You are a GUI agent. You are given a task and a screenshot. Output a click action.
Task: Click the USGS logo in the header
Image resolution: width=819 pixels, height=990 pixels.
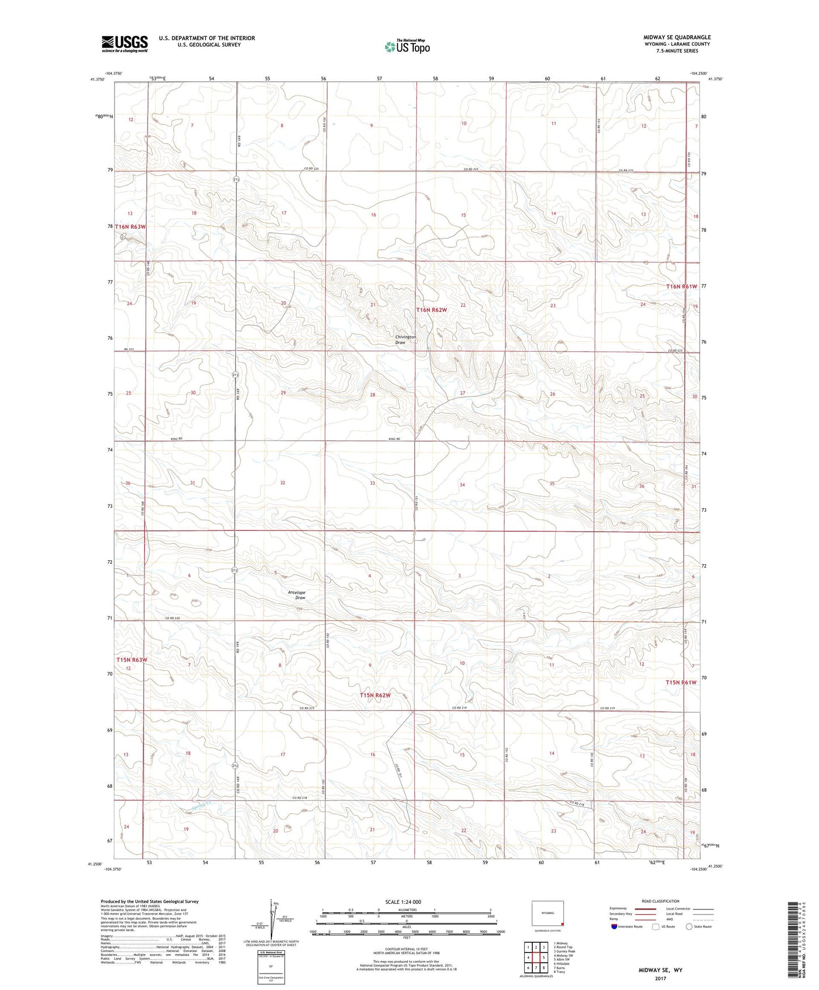pyautogui.click(x=125, y=44)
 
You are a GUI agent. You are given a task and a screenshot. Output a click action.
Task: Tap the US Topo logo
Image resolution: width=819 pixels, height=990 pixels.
pyautogui.click(x=407, y=46)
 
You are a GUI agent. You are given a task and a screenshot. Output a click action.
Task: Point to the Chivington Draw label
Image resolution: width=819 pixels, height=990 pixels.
pyautogui.click(x=405, y=340)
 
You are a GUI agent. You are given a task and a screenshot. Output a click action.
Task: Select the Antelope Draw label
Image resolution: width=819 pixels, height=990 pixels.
pyautogui.click(x=296, y=595)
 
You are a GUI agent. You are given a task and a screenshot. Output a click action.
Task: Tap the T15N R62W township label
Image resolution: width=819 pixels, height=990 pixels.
pyautogui.click(x=375, y=695)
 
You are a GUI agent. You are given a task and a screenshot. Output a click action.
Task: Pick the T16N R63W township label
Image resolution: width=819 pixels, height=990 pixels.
pyautogui.click(x=130, y=227)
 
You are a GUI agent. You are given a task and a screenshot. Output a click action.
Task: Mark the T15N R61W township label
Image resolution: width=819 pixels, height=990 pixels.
pyautogui.click(x=681, y=683)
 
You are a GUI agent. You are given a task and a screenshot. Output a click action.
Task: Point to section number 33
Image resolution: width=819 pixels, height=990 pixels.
pyautogui.click(x=372, y=483)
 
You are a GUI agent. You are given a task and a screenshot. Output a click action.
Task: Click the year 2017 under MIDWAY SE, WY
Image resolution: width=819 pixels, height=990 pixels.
pyautogui.click(x=660, y=979)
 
